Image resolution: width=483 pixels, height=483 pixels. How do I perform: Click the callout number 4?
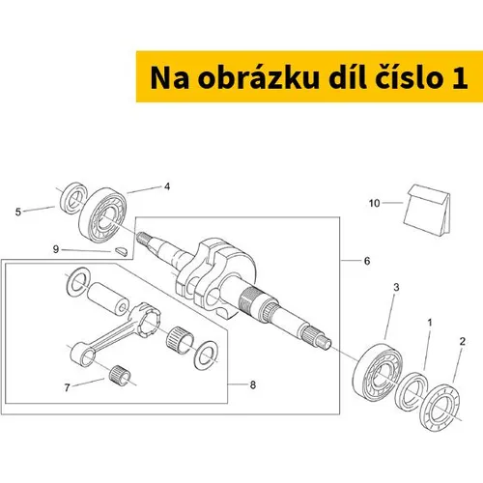coord(167,186)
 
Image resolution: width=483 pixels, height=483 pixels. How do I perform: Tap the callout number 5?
coord(18,212)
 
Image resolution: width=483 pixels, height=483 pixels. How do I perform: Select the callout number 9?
coord(56,249)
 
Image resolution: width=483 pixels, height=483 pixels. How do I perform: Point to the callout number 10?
coord(374,203)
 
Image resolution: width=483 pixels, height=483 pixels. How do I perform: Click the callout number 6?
coord(367,261)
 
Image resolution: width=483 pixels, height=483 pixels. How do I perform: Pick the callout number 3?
coord(396,287)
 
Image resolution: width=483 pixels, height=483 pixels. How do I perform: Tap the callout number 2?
coord(463,341)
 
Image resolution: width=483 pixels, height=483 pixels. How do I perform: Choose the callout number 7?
coord(67,387)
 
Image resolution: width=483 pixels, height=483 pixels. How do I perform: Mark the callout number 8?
coord(253,384)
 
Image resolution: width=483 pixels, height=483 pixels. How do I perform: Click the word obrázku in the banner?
coord(258,78)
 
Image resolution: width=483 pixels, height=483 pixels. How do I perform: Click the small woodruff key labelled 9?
coord(122,251)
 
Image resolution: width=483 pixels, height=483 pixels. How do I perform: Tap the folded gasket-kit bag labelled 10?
coord(427,210)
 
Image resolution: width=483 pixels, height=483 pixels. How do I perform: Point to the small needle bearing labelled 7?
coord(120,375)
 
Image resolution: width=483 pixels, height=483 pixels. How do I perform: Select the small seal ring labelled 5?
coord(74,198)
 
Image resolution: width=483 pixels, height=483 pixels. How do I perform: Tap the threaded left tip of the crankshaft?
coord(142,239)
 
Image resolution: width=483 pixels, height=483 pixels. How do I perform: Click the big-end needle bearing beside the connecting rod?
coord(181,339)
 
